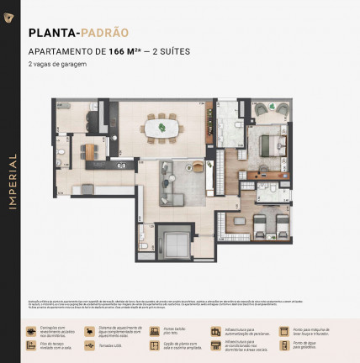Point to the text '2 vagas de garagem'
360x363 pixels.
click(x=57, y=64)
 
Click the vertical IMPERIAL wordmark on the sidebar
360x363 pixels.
click(x=11, y=181)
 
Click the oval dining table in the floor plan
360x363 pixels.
click(x=159, y=127)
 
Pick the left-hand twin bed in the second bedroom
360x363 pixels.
click(x=259, y=224)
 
